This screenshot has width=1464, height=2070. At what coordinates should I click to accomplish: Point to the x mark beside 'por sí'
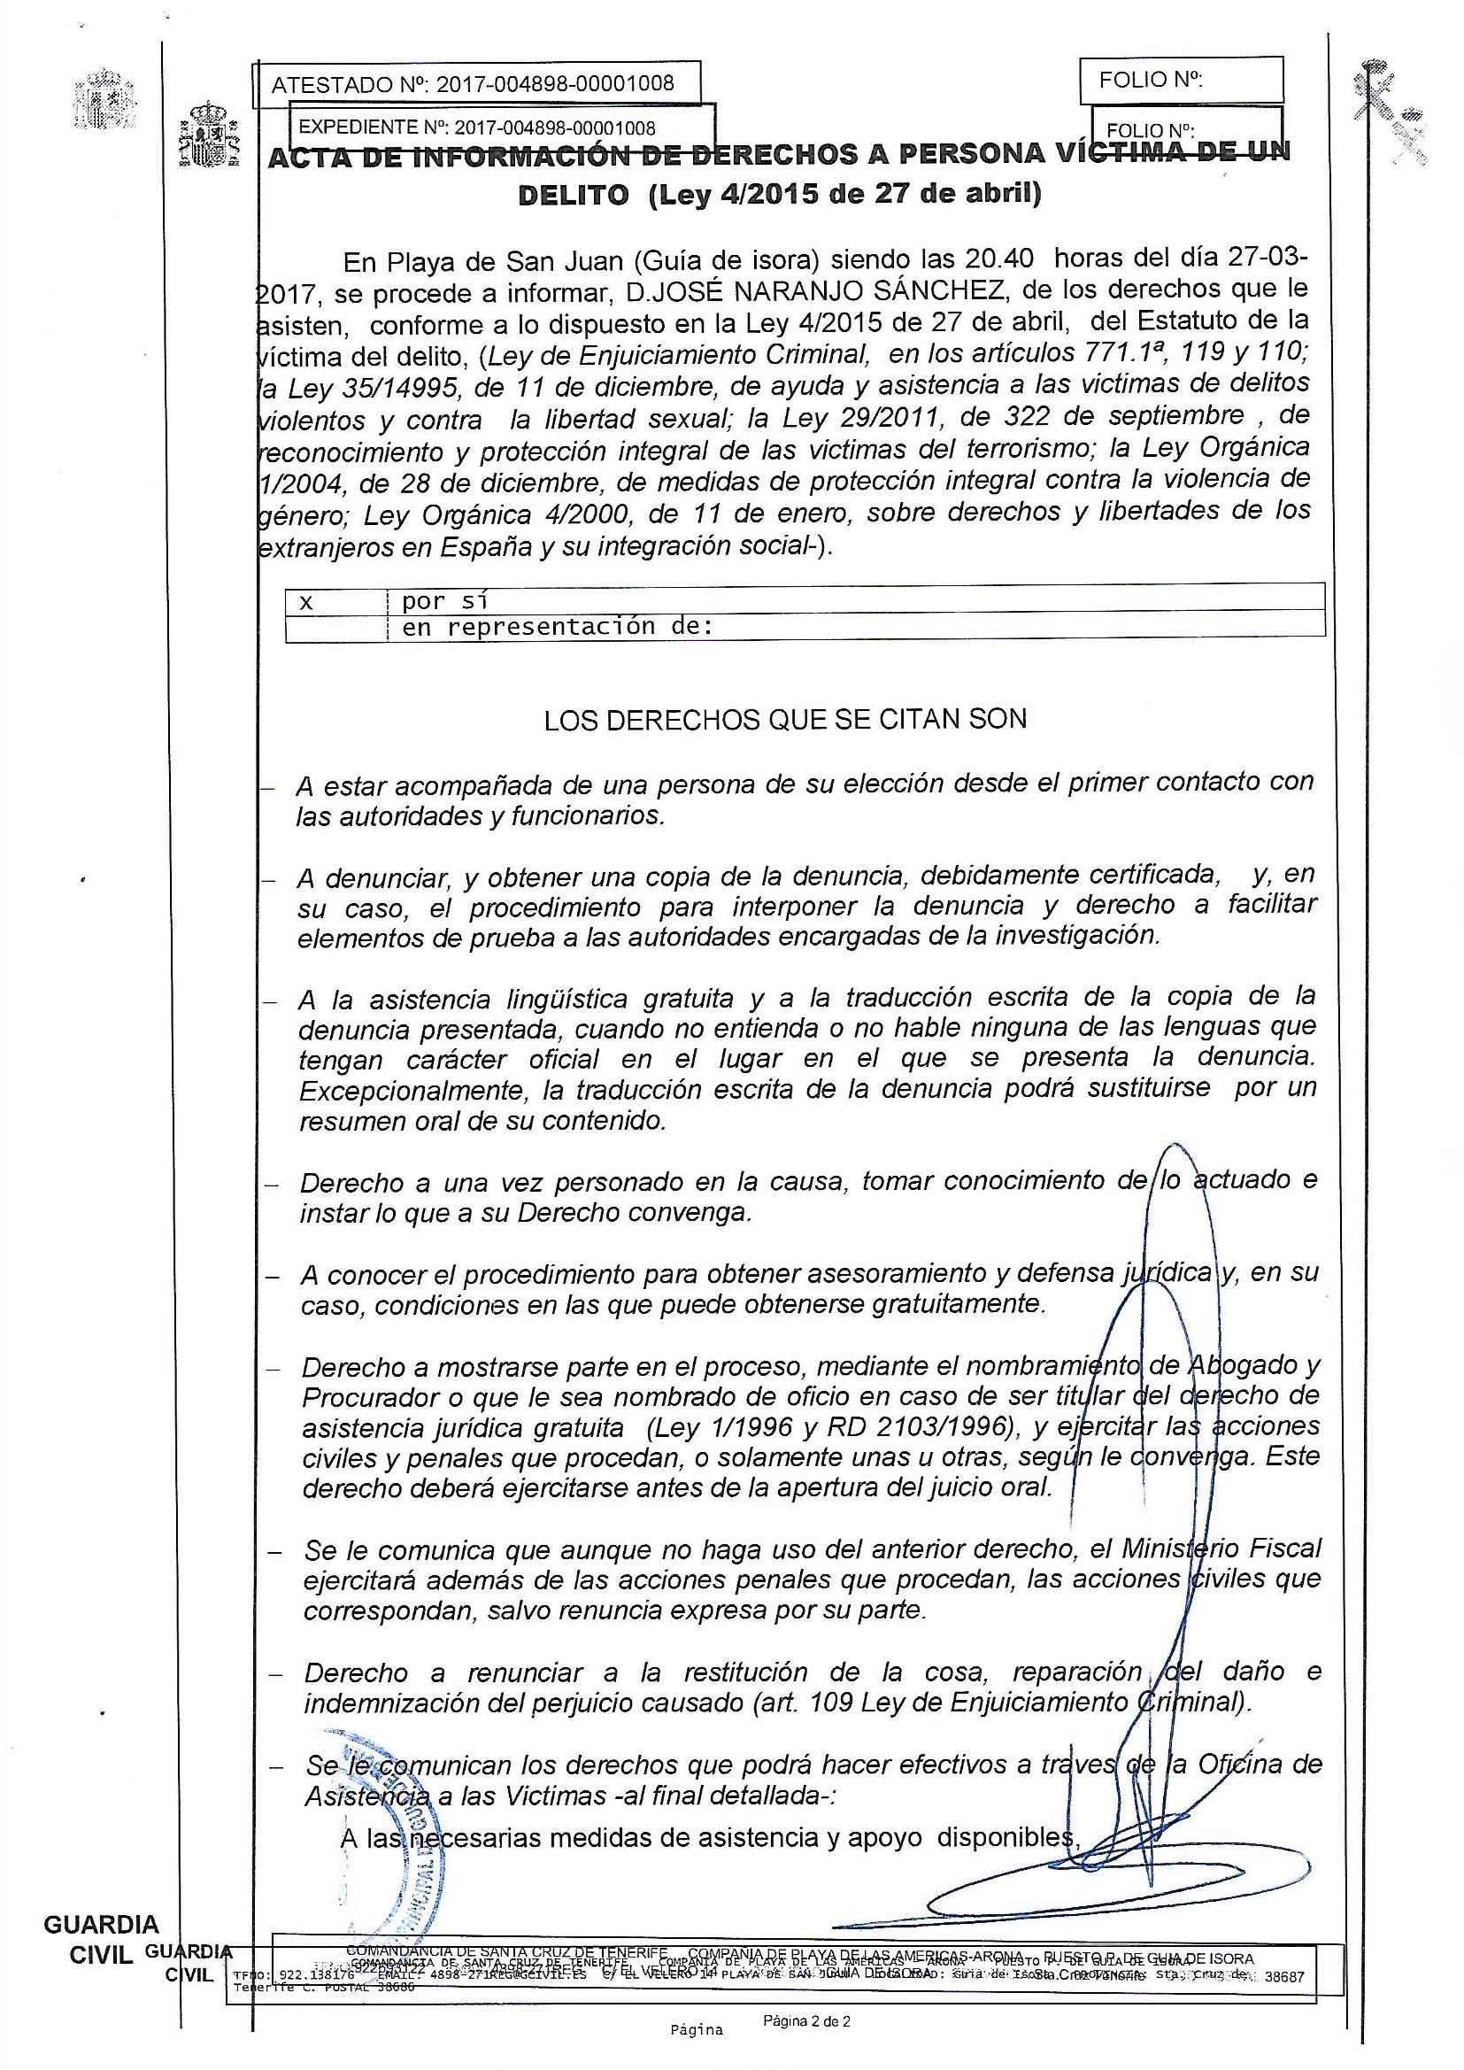click(306, 601)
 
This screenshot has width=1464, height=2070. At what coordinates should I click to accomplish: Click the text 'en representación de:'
click(557, 627)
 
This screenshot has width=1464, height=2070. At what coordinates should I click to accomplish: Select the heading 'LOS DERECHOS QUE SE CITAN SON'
click(785, 720)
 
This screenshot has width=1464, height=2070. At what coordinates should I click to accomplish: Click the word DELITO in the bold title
click(574, 196)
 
